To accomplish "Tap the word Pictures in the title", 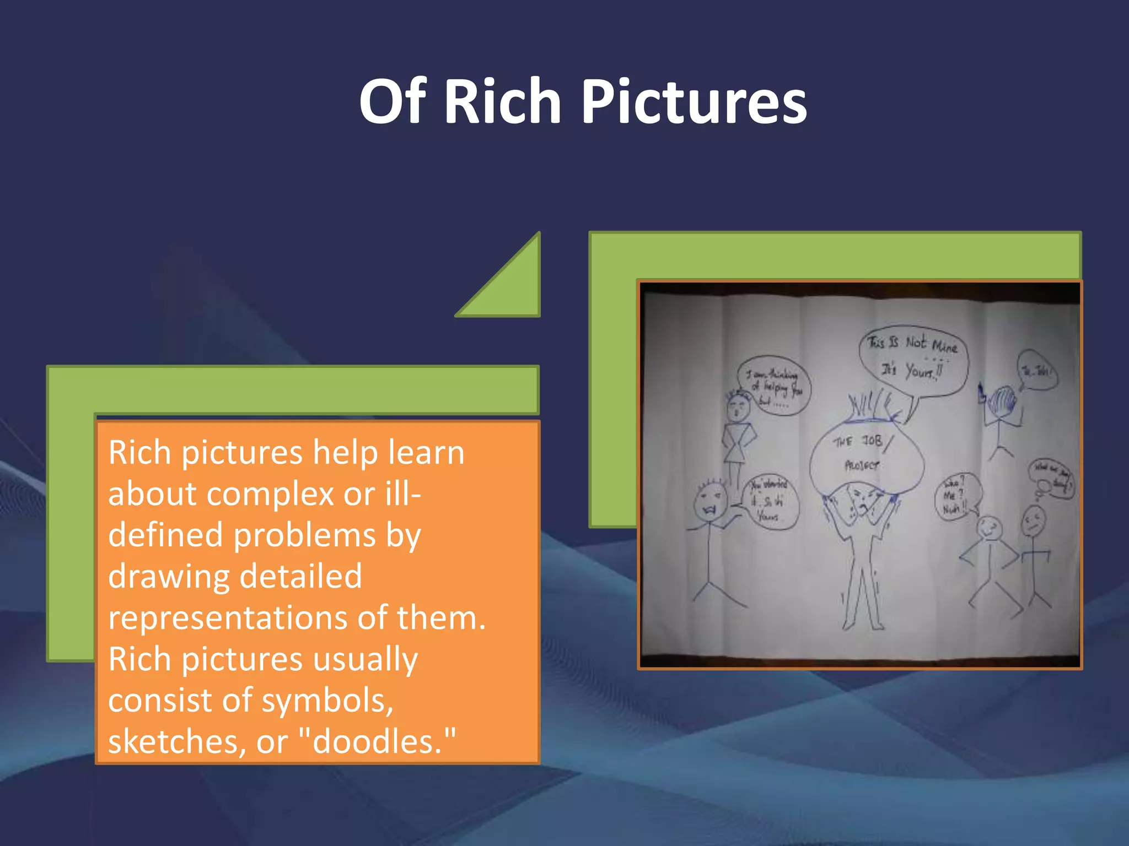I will [694, 102].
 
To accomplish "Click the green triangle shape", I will [513, 286].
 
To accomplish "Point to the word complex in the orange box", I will [270, 493].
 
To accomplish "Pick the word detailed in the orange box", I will [300, 576].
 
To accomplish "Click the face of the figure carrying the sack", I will [860, 498].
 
